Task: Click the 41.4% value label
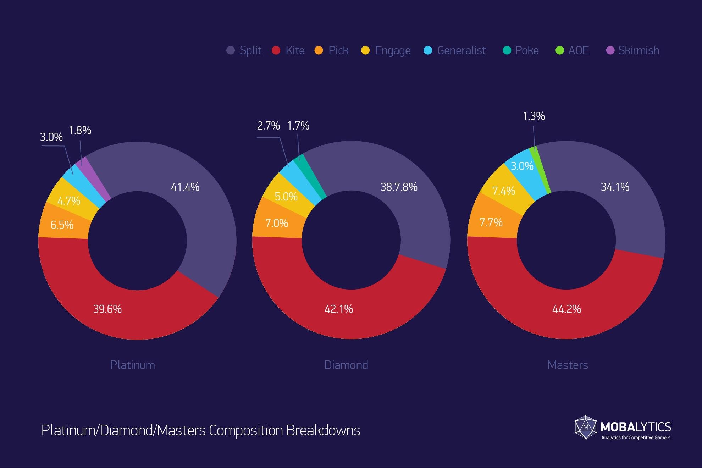185,187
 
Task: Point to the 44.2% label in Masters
566,309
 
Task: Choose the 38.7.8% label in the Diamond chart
399,187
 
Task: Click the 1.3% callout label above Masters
534,116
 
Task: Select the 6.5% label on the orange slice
62,225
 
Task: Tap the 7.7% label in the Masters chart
491,222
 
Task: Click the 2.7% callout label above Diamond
268,126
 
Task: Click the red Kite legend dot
276,50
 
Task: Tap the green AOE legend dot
559,50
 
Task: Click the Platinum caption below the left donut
132,365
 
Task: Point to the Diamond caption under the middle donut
346,365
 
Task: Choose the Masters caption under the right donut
568,365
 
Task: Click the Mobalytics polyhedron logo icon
586,427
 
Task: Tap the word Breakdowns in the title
323,430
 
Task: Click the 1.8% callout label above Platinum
80,131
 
